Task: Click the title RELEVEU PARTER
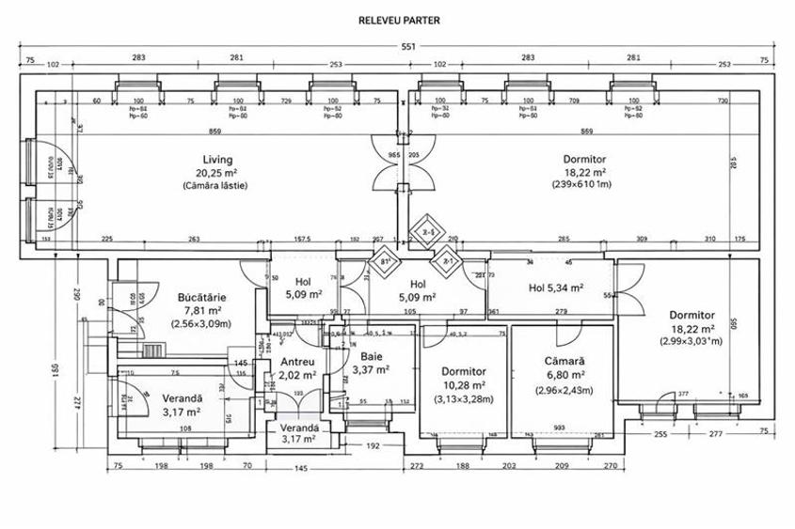coord(400,19)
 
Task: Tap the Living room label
coord(216,160)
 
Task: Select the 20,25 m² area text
coord(216,173)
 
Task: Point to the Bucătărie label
coord(198,297)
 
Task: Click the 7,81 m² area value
coord(199,310)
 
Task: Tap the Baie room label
coord(371,357)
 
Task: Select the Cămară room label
coord(564,361)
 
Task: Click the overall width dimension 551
coord(408,46)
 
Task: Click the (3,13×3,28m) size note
coord(464,398)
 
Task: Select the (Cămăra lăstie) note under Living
coord(216,186)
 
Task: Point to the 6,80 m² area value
coord(564,375)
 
